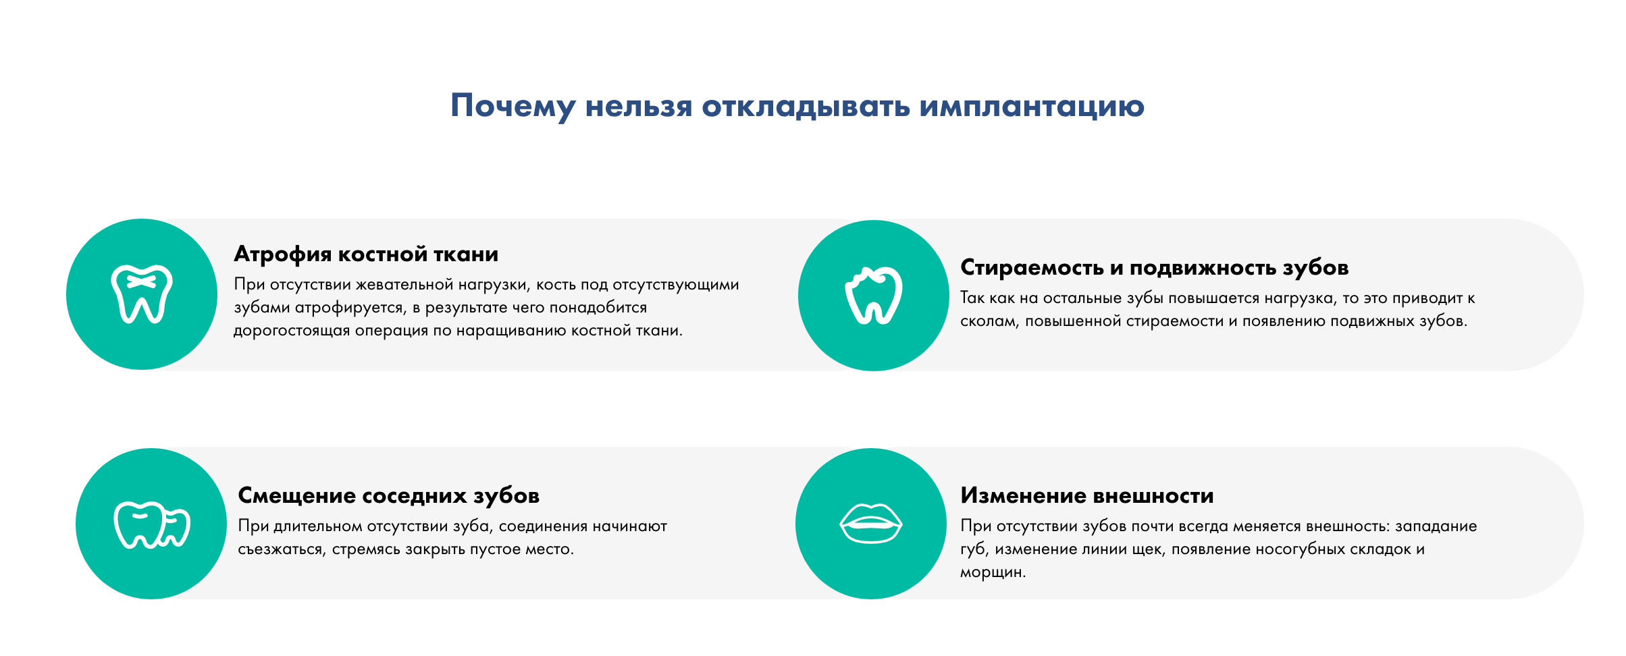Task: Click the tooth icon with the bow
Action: coord(142,294)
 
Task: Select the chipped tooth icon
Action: coord(874,296)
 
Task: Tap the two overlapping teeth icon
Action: coord(152,524)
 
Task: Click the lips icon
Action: coord(871,523)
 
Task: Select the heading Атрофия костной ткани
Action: coord(366,254)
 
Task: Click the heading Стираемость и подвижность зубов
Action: coord(1155,268)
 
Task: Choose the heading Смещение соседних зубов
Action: coord(389,496)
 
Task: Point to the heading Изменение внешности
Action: coord(1087,496)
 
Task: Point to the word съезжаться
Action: coord(280,549)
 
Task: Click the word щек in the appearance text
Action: coord(1147,550)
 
